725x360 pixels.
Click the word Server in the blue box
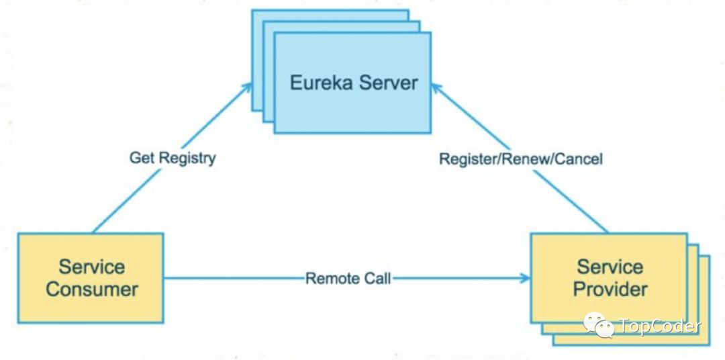point(387,83)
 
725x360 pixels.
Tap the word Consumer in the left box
point(92,289)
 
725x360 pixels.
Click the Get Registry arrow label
point(173,159)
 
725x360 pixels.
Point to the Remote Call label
point(348,278)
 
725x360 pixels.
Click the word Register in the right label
point(463,159)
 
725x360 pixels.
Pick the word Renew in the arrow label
point(519,159)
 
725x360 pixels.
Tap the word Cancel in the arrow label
point(579,159)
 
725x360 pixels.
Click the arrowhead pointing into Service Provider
point(525,277)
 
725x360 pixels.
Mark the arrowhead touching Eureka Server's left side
point(248,87)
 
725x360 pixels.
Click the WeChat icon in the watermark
point(598,326)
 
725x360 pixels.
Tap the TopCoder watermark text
point(659,327)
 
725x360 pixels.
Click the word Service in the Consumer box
point(91,267)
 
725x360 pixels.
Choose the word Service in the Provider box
point(610,267)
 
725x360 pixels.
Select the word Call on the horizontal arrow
point(377,278)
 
